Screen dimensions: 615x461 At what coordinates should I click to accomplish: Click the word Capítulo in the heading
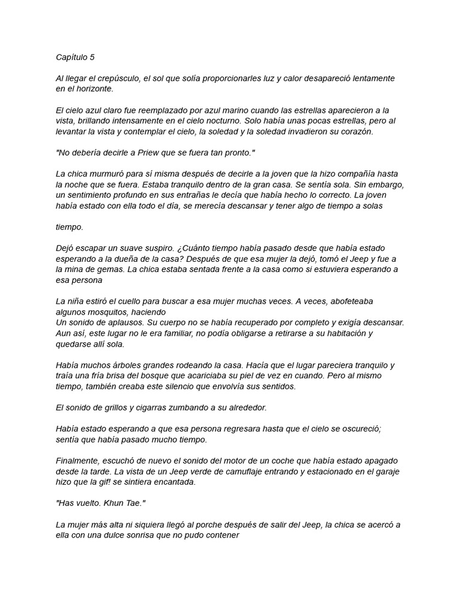(x=71, y=58)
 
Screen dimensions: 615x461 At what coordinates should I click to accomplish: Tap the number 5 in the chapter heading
(x=92, y=58)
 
